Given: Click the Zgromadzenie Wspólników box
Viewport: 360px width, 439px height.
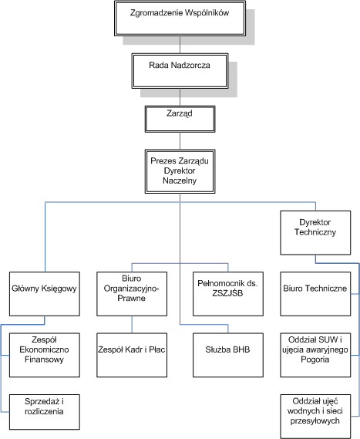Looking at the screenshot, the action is point(180,19).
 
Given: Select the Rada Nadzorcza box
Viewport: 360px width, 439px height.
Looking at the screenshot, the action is point(180,71).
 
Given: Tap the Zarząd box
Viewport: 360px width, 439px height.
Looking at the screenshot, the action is point(180,119).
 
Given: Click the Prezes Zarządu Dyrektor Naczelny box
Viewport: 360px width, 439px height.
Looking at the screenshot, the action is point(180,171).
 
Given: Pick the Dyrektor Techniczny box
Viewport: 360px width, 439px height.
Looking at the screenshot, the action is point(315,233).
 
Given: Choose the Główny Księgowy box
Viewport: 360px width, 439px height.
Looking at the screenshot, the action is point(45,294).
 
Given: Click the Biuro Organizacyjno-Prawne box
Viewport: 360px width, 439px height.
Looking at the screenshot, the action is point(132,294).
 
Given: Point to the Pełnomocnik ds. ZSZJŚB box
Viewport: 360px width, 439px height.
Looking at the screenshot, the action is point(228,294).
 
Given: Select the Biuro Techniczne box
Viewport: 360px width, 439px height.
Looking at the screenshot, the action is point(315,294).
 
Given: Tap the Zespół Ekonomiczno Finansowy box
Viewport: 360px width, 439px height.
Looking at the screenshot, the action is point(45,355).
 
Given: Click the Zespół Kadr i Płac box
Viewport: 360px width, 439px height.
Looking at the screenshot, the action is point(132,355).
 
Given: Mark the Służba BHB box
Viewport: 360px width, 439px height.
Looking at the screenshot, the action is point(228,355).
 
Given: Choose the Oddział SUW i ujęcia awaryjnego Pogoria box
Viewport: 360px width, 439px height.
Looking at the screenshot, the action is point(315,355).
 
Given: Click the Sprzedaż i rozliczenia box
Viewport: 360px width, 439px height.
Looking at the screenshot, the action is point(45,412).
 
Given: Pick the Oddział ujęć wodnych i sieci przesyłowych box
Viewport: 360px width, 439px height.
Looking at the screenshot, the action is point(315,417).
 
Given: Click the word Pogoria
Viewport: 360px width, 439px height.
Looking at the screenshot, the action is point(315,360).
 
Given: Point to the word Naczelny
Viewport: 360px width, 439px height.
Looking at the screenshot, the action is point(180,181).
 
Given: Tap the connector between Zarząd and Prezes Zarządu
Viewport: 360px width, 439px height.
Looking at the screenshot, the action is point(180,141).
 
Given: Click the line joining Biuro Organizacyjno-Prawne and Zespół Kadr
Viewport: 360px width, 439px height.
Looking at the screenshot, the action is point(132,325).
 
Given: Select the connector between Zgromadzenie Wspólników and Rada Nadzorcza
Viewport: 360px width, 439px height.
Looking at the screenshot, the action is point(180,45).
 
